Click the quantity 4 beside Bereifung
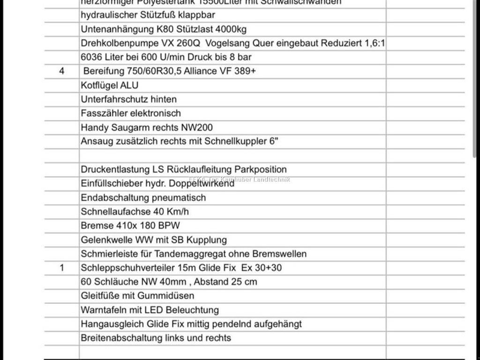tap(61, 71)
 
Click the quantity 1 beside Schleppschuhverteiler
tap(61, 268)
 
